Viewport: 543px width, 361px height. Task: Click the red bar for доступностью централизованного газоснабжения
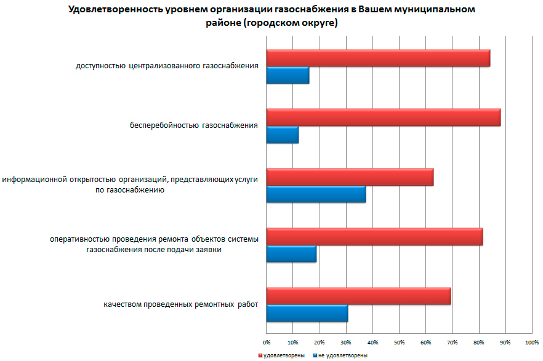click(378, 58)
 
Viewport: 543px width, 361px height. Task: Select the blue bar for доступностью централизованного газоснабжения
click(288, 75)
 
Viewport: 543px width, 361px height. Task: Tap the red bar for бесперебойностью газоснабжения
click(383, 117)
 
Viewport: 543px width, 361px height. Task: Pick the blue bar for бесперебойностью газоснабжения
click(283, 135)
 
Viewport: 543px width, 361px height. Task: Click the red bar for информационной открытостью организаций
click(350, 177)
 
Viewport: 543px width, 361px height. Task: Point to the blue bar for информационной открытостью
click(316, 194)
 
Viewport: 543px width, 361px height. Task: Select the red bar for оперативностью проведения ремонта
click(374, 237)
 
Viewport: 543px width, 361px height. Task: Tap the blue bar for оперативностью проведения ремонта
click(291, 254)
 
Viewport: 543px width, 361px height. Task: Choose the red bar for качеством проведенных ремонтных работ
click(358, 296)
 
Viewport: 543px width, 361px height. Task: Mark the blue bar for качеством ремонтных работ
click(307, 314)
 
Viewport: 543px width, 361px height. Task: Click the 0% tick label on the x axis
click(267, 341)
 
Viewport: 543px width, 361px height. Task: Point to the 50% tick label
click(399, 341)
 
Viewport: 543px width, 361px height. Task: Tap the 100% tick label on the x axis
click(531, 341)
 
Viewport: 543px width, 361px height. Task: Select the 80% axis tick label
click(478, 341)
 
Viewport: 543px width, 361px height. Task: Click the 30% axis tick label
click(346, 341)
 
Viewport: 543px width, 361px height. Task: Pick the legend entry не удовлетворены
click(342, 355)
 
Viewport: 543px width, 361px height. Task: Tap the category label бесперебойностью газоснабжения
click(193, 126)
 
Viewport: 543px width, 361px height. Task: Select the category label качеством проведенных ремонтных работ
click(180, 304)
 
